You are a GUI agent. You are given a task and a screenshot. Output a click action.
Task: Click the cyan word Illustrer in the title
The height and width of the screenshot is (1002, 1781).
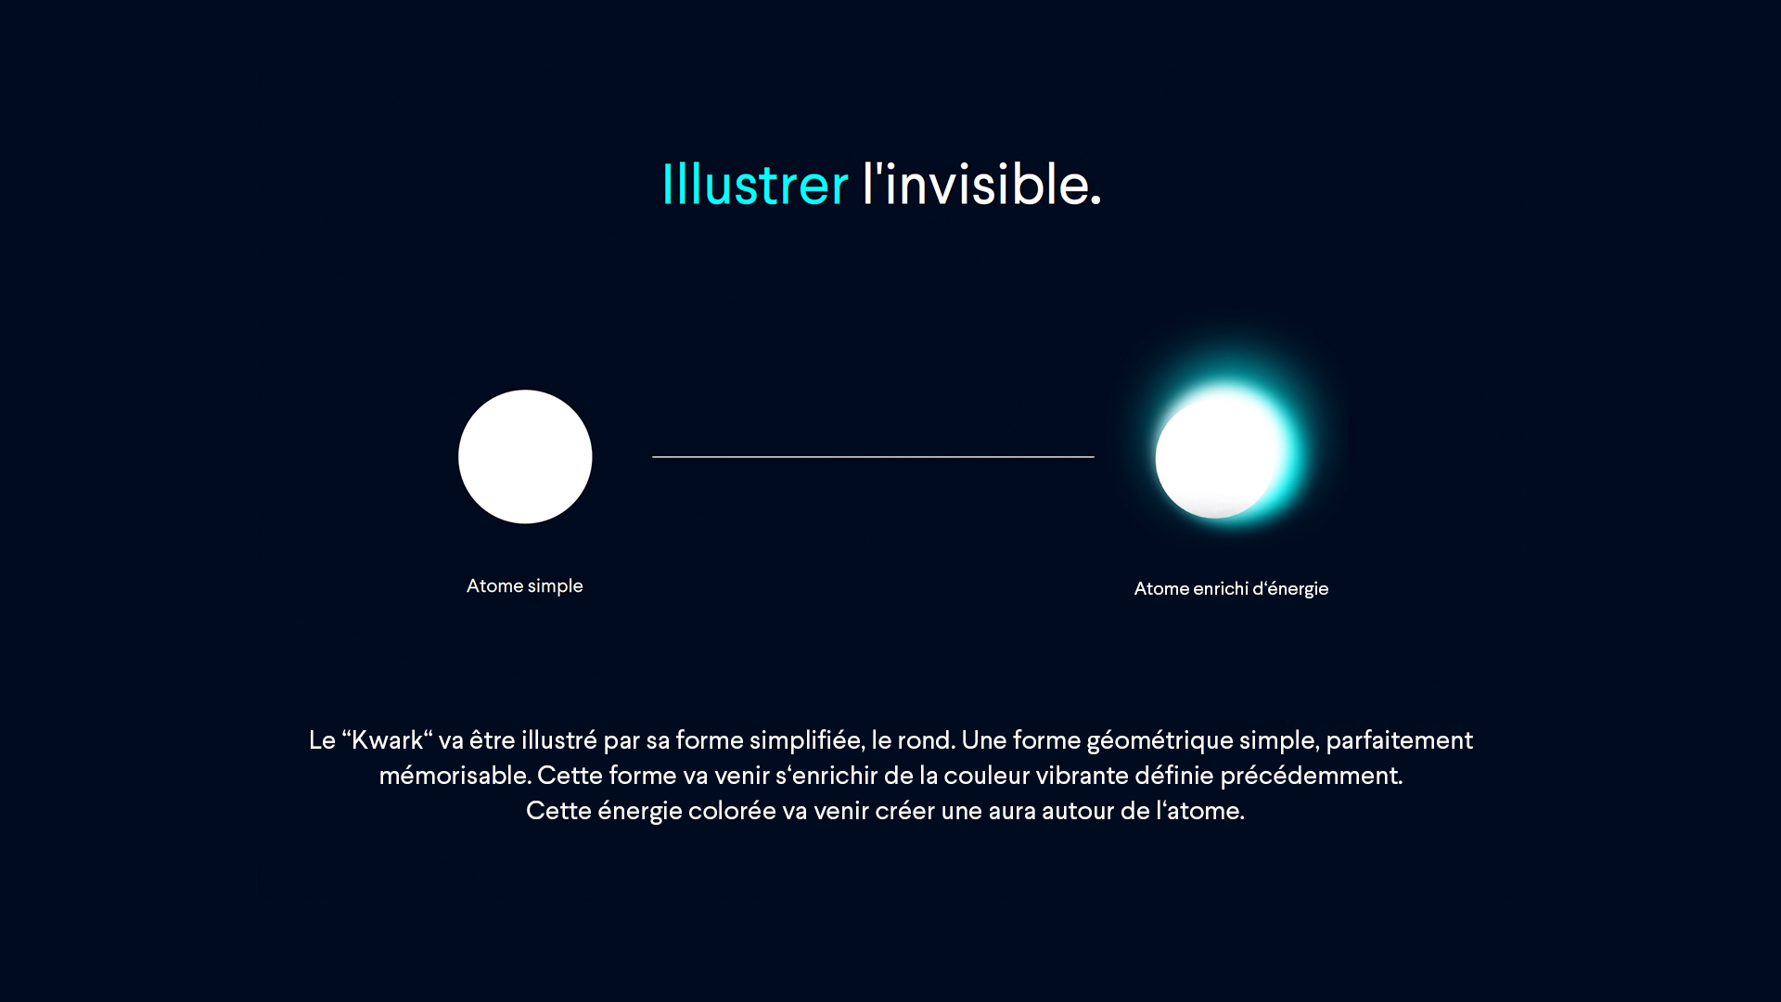(755, 184)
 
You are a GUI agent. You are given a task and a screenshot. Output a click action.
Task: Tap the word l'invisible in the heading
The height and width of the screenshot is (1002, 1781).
(981, 184)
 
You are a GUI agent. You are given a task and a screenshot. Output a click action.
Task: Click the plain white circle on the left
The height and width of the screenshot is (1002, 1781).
(525, 456)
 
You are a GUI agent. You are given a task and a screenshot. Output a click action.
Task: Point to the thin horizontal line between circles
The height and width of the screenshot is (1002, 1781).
(873, 456)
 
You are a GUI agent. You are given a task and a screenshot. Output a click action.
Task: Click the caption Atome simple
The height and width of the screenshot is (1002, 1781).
(525, 586)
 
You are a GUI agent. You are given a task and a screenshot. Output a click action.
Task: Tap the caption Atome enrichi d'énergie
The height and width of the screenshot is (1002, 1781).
(1231, 589)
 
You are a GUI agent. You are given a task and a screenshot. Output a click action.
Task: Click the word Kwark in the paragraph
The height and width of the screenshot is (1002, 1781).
(387, 740)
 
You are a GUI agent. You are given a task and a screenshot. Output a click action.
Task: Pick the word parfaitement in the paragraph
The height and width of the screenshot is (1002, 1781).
(1399, 740)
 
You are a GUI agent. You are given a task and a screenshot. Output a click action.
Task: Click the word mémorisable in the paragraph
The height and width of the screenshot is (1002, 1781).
(455, 776)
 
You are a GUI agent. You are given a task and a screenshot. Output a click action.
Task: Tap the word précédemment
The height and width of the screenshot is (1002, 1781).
(1311, 776)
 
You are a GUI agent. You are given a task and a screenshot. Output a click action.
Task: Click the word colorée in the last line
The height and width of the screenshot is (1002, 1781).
(732, 811)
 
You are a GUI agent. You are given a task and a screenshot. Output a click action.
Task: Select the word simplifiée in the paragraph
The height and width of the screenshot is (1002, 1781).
(807, 740)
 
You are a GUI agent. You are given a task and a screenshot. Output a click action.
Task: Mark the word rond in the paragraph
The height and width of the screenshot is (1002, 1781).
(925, 740)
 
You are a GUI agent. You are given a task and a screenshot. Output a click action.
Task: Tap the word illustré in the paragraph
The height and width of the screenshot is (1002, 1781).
(559, 740)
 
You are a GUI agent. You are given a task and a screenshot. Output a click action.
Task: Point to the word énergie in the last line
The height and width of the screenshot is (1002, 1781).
(640, 812)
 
